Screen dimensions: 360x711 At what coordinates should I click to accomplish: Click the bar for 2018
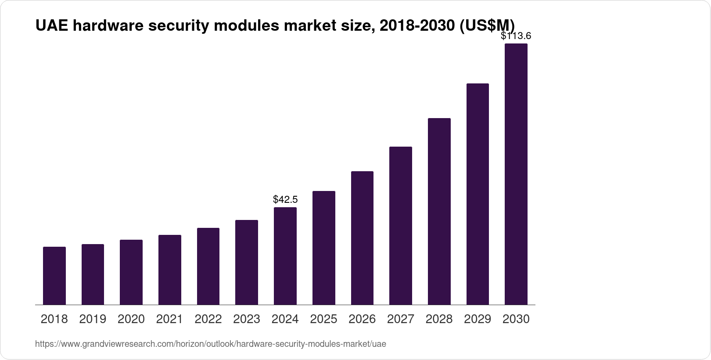click(x=54, y=276)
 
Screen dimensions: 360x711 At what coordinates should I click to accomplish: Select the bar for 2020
click(x=131, y=272)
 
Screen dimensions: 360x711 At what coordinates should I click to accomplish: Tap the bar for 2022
click(x=208, y=266)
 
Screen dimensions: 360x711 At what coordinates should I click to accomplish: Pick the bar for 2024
click(x=285, y=256)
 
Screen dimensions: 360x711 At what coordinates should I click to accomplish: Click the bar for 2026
click(x=362, y=238)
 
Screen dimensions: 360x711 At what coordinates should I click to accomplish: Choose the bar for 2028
click(x=439, y=211)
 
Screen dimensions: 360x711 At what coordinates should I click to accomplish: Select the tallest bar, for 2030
click(x=516, y=174)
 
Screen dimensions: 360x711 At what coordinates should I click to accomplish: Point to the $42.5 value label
click(x=285, y=200)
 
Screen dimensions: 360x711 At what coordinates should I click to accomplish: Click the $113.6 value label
click(x=516, y=36)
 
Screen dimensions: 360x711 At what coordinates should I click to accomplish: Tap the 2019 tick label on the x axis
click(x=93, y=319)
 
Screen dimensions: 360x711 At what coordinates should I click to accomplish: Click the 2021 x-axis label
click(x=170, y=319)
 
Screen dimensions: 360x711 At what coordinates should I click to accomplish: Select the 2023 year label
click(x=247, y=319)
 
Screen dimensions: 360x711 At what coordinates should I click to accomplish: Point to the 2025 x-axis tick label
click(x=323, y=319)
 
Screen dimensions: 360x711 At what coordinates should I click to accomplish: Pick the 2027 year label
click(x=401, y=319)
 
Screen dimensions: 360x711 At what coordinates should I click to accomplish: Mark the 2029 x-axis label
click(x=478, y=319)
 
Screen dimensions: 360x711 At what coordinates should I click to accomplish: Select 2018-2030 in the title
click(x=417, y=26)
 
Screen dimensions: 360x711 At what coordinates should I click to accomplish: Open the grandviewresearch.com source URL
click(x=211, y=344)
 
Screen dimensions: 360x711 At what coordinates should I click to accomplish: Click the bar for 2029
click(x=478, y=194)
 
